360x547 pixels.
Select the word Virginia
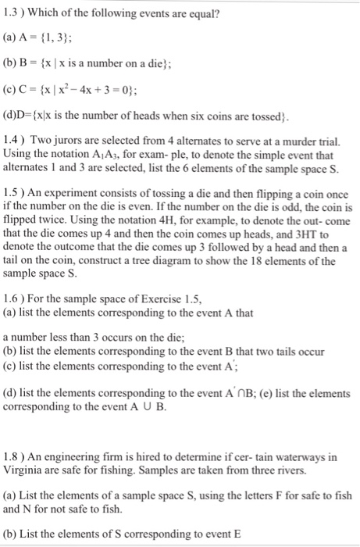click(x=26, y=469)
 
